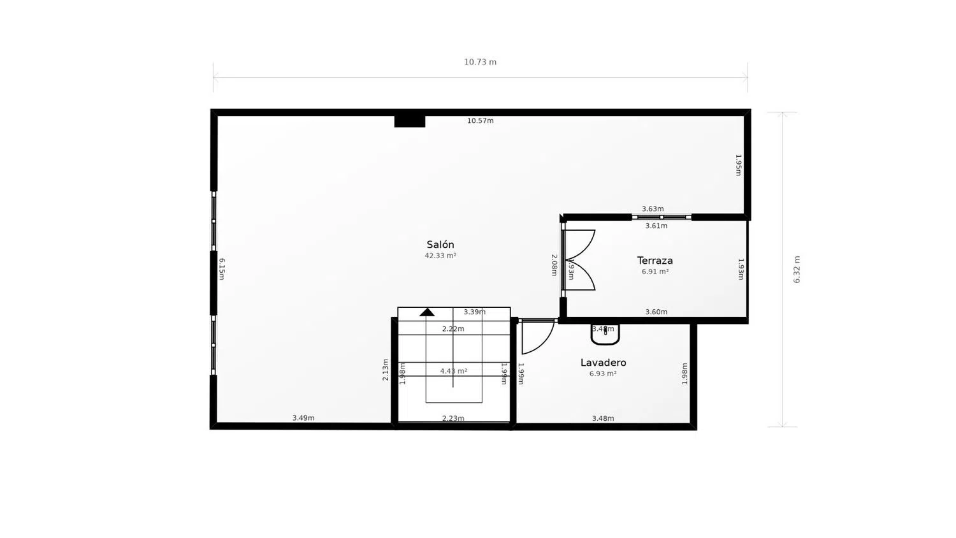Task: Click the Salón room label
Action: coord(440,245)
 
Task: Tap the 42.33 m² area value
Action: coord(440,256)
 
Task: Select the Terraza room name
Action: coord(655,261)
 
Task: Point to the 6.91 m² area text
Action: coord(655,272)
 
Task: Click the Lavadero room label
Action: coord(603,363)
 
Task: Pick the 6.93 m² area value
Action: coord(602,374)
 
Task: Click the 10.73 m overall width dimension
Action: coord(480,62)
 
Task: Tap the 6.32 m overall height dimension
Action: coord(797,270)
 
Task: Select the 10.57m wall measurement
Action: coord(480,120)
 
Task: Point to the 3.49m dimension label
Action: coord(303,418)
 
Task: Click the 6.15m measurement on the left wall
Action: coord(221,269)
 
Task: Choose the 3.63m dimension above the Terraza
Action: coord(653,208)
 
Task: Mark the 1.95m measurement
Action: coord(738,164)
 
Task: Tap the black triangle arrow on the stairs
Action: coord(427,312)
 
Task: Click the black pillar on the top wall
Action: coord(410,120)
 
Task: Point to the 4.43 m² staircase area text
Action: coord(453,371)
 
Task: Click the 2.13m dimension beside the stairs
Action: coord(386,370)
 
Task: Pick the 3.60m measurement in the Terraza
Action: coord(656,312)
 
